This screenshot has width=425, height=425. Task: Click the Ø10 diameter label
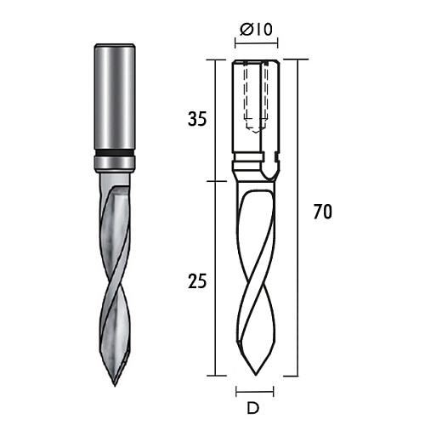pyautogui.click(x=256, y=30)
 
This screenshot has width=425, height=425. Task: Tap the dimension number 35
pyautogui.click(x=197, y=119)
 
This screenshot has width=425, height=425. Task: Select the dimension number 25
pyautogui.click(x=197, y=281)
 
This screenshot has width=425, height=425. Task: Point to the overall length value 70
pyautogui.click(x=322, y=212)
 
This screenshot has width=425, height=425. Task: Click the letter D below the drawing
pyautogui.click(x=253, y=408)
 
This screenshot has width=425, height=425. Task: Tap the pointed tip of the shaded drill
pyautogui.click(x=115, y=386)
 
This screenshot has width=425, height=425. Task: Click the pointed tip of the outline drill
pyautogui.click(x=256, y=375)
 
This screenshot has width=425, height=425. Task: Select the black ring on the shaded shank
pyautogui.click(x=115, y=152)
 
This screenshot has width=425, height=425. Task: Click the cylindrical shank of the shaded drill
pyautogui.click(x=115, y=96)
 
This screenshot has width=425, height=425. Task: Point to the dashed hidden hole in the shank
pyautogui.click(x=256, y=96)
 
